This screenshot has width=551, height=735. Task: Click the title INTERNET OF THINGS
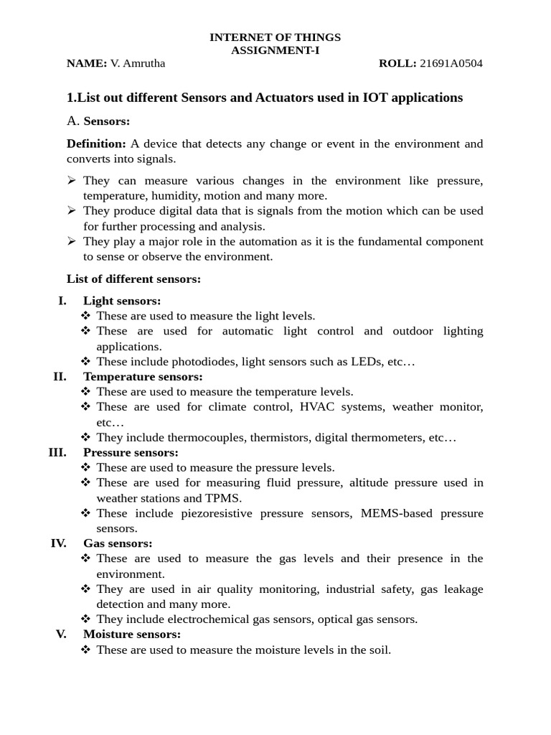[x=275, y=37]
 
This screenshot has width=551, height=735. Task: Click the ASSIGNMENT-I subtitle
[x=275, y=50]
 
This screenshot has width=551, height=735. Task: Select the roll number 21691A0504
[x=451, y=63]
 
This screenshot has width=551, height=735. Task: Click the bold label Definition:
[x=96, y=144]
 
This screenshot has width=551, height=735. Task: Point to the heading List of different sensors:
[x=133, y=278]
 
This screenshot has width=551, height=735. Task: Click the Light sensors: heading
[x=122, y=301]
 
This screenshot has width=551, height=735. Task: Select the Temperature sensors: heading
[x=143, y=376]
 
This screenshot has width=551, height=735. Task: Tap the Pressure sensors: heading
[x=131, y=452]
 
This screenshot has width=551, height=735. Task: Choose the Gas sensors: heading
[x=118, y=543]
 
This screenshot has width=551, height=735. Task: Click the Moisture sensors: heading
[x=132, y=634]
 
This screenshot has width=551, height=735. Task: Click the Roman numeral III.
[x=57, y=452]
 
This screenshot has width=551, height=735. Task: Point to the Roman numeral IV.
[x=59, y=543]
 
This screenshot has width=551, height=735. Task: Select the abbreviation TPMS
[x=225, y=498]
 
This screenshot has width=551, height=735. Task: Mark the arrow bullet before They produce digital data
[x=72, y=210]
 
